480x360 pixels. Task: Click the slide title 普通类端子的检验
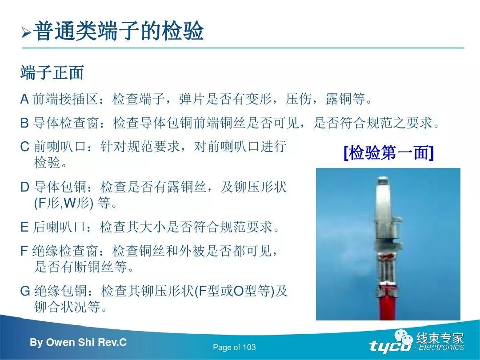click(x=119, y=31)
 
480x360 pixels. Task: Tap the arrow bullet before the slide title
click(x=26, y=32)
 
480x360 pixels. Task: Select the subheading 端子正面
click(x=52, y=73)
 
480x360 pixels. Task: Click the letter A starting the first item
click(x=25, y=99)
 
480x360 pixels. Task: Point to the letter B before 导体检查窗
click(x=25, y=123)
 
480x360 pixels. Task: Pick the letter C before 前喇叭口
click(x=25, y=147)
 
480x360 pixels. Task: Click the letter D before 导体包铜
click(x=25, y=187)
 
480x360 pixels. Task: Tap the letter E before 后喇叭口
click(x=24, y=227)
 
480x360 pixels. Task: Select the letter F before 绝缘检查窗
click(x=24, y=251)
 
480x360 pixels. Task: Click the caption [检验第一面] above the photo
click(x=388, y=153)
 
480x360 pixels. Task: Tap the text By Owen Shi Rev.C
click(x=78, y=342)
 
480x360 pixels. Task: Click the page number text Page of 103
click(x=234, y=347)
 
